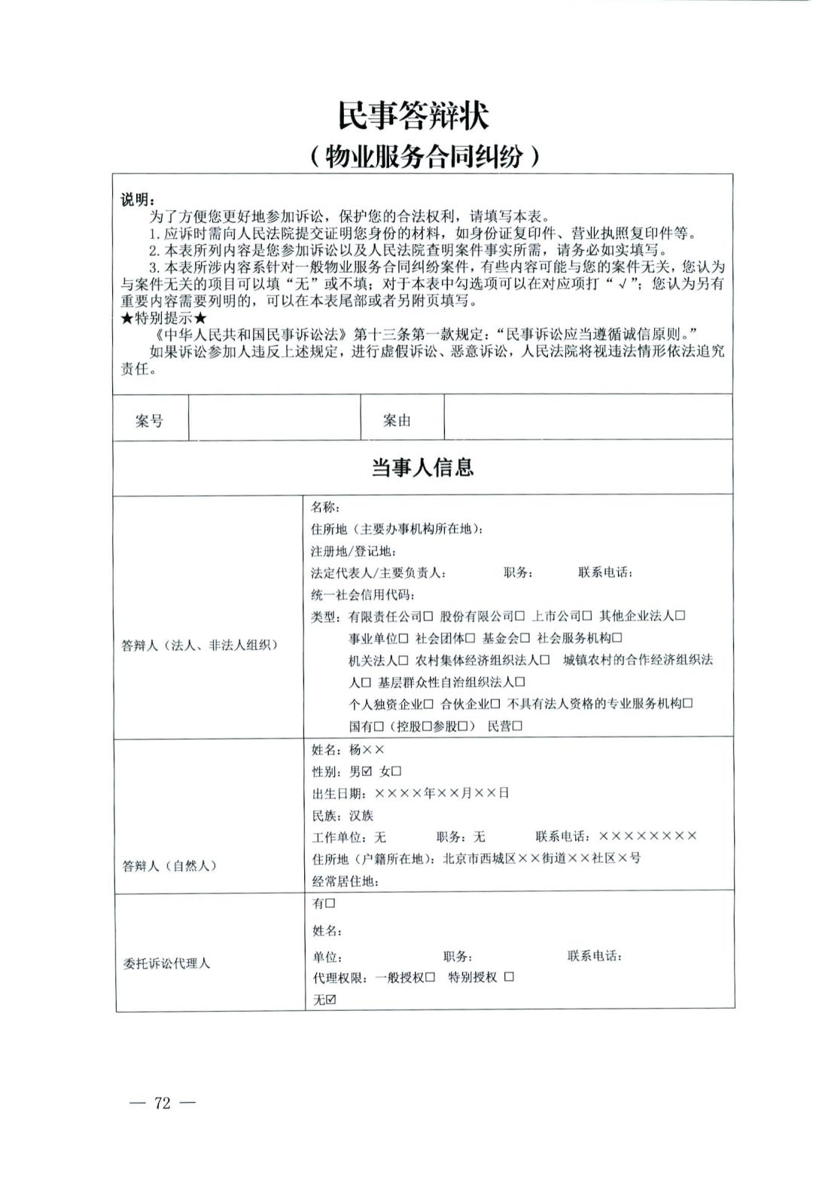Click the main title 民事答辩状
(413, 117)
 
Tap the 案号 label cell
(149, 421)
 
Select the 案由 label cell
(397, 420)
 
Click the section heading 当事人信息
(422, 467)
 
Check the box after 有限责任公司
(428, 616)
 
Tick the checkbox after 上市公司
(587, 616)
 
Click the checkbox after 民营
(517, 726)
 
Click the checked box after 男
(367, 771)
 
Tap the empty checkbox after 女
(397, 771)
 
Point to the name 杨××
(367, 750)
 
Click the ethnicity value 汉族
(361, 815)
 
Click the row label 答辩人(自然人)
(169, 866)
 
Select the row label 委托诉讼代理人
(166, 964)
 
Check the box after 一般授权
(430, 977)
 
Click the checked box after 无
(330, 1000)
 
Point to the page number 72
(163, 1104)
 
